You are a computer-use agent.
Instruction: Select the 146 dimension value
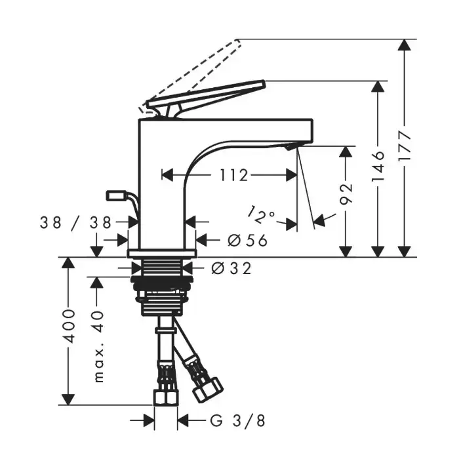[378, 167]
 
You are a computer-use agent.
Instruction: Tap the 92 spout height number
[346, 194]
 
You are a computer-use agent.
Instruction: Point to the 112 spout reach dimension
[233, 175]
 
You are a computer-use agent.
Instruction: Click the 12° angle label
[261, 215]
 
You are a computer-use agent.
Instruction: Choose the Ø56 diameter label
[247, 241]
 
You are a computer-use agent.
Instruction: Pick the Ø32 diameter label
[231, 268]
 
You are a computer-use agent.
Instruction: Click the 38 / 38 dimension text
[75, 222]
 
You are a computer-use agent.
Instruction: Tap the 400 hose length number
[69, 326]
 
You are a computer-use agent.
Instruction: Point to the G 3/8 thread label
[237, 421]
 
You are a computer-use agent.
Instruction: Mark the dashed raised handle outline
[190, 75]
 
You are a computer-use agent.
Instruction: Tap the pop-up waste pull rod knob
[117, 195]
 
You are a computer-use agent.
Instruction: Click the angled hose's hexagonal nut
[207, 390]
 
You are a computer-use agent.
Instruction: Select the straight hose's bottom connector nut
[166, 397]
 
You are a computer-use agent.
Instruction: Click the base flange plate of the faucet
[162, 254]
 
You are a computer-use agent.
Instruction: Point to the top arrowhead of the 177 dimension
[405, 45]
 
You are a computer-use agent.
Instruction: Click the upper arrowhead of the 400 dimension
[68, 263]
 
